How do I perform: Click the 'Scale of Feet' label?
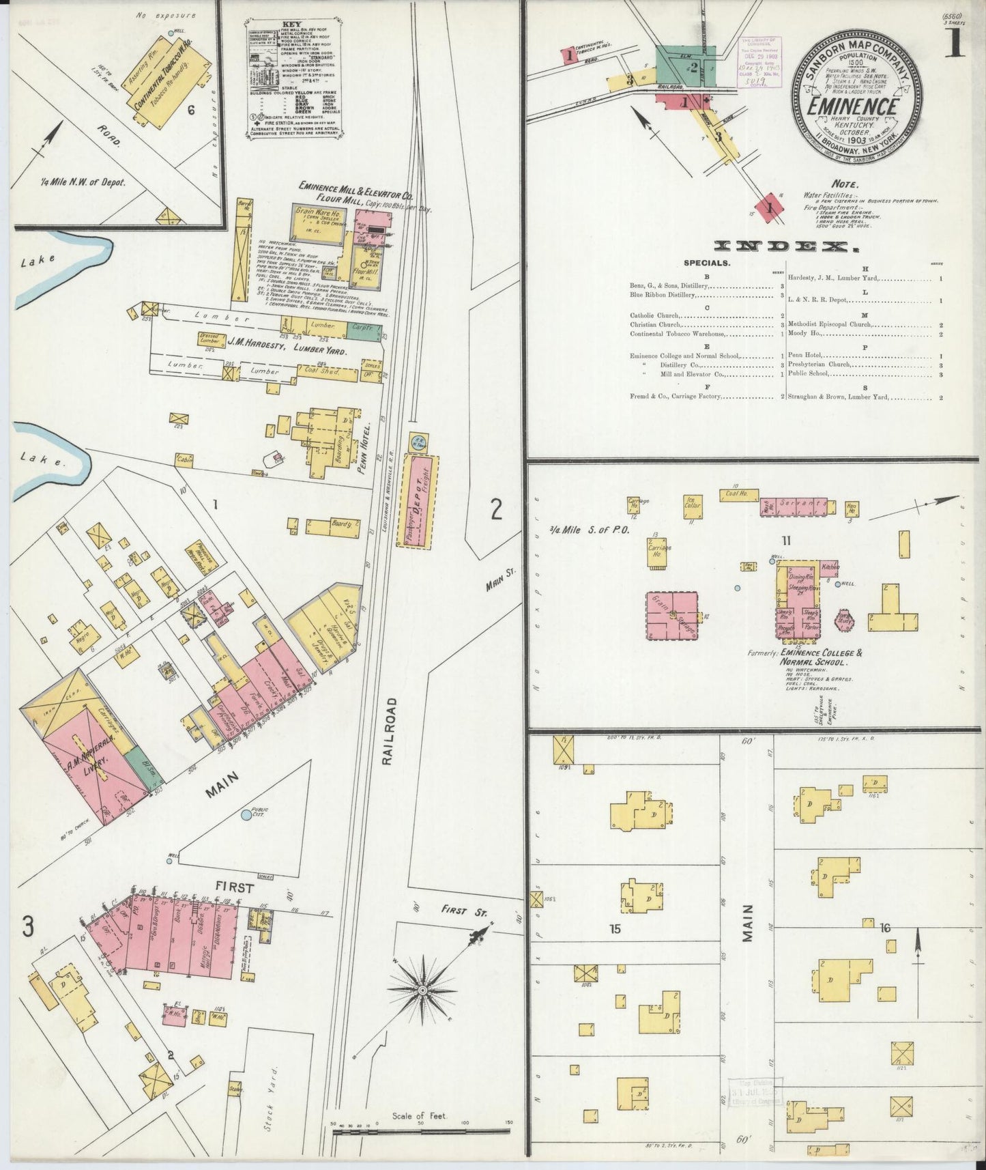(x=419, y=1116)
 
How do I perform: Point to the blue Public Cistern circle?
(x=246, y=815)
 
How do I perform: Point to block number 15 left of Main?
(x=615, y=928)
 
